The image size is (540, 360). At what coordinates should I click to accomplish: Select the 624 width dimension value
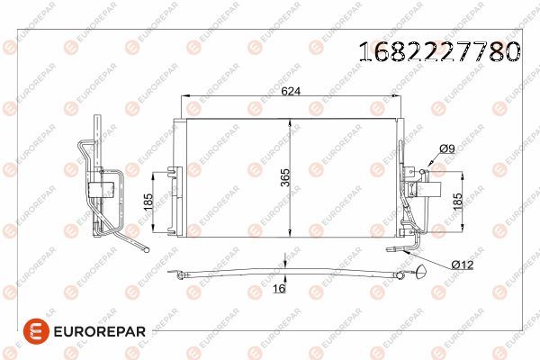tap(290, 90)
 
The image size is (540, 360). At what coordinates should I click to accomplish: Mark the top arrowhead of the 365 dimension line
tap(289, 121)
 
